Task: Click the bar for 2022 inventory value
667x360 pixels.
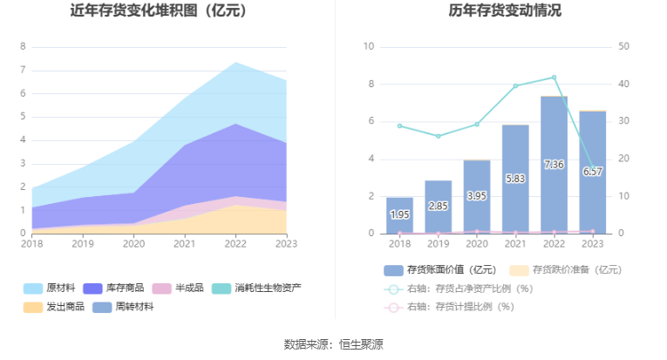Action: coord(554,166)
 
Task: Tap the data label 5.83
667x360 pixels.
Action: coord(515,178)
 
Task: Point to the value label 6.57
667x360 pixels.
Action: coord(592,172)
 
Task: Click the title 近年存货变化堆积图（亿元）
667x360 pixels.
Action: coord(158,11)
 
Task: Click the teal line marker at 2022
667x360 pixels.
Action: coord(554,78)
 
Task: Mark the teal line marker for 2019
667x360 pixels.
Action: coord(438,136)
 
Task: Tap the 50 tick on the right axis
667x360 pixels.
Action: coord(624,46)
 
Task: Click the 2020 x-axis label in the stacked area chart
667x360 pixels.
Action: coord(133,245)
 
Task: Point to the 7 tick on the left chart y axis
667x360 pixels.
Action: coord(23,70)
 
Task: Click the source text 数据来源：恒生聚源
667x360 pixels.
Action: coord(333,344)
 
